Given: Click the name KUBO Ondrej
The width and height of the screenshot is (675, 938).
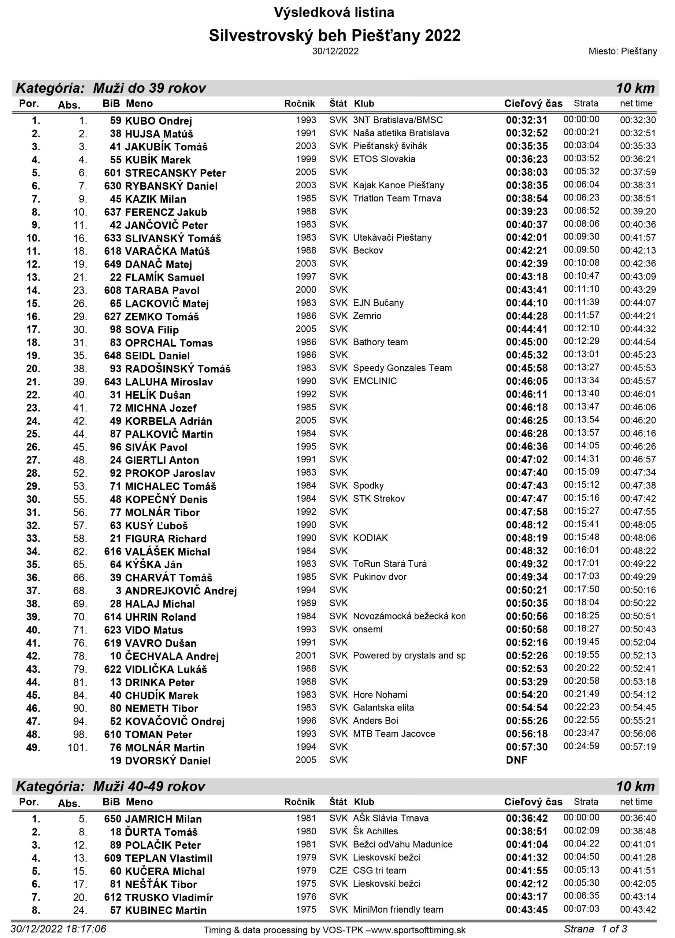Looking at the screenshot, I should [158, 121].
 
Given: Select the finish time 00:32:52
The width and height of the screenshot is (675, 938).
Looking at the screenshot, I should [526, 133].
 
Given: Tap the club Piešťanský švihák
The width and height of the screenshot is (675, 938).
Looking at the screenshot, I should [390, 146].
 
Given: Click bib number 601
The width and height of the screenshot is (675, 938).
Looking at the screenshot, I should [112, 173].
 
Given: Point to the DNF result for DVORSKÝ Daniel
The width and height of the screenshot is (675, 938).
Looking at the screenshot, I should [516, 760].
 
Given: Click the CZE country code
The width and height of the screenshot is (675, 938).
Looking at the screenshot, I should [338, 870].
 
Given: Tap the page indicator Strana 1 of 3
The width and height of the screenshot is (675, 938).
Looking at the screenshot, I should [595, 928].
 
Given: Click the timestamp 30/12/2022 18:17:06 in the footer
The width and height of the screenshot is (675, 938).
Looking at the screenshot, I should [58, 928].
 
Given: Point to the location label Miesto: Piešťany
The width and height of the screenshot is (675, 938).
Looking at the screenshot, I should [623, 51].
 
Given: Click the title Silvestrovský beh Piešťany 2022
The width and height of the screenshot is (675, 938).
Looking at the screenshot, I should [334, 36].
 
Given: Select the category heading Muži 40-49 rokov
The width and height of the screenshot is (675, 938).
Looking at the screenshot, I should [149, 786].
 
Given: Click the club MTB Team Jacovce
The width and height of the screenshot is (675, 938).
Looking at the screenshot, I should [394, 734].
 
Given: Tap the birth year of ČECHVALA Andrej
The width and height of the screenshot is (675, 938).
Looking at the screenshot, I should [305, 656].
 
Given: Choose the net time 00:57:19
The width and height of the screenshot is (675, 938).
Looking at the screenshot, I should [637, 747].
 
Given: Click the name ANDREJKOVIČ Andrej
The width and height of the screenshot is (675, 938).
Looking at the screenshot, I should [181, 591].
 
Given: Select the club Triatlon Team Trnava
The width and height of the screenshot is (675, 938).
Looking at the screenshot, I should [397, 199].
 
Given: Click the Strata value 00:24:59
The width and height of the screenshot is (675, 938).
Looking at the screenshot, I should [581, 746].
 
